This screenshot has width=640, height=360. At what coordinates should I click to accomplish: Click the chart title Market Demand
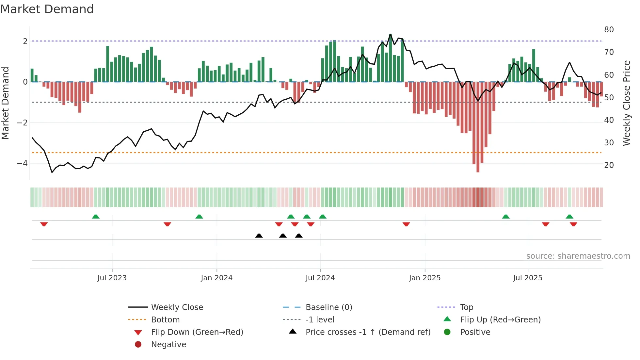[x=47, y=9]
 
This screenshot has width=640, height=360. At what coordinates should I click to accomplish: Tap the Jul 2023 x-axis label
[x=112, y=278]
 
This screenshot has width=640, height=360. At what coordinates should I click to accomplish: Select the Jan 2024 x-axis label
[x=216, y=278]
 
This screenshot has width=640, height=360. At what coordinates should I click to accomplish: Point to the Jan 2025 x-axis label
[x=424, y=278]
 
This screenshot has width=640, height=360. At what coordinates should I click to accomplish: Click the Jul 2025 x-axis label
[x=527, y=278]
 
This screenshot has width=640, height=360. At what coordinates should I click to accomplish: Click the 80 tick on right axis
[x=609, y=30]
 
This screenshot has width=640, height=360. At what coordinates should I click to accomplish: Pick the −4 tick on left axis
[x=22, y=163]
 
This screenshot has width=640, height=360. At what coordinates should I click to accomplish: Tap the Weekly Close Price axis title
[x=626, y=103]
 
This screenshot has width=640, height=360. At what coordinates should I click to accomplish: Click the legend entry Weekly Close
[x=177, y=307]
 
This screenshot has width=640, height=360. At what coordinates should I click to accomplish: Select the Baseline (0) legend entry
[x=328, y=307]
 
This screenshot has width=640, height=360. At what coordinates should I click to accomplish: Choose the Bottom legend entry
[x=165, y=320]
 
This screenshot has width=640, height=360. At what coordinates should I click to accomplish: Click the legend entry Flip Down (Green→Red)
[x=197, y=332]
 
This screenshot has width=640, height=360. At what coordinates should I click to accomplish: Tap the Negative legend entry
[x=168, y=345]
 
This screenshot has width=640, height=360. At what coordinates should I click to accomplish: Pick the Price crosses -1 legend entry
[x=368, y=332]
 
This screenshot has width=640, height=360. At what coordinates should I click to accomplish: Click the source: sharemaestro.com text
[x=578, y=256]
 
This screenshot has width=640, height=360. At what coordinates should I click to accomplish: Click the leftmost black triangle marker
[x=259, y=236]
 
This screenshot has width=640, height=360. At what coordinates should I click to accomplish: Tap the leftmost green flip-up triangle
[x=95, y=217]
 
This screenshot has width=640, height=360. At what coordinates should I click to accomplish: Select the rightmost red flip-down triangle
[x=573, y=224]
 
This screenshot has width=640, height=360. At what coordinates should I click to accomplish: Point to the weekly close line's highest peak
[x=390, y=34]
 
